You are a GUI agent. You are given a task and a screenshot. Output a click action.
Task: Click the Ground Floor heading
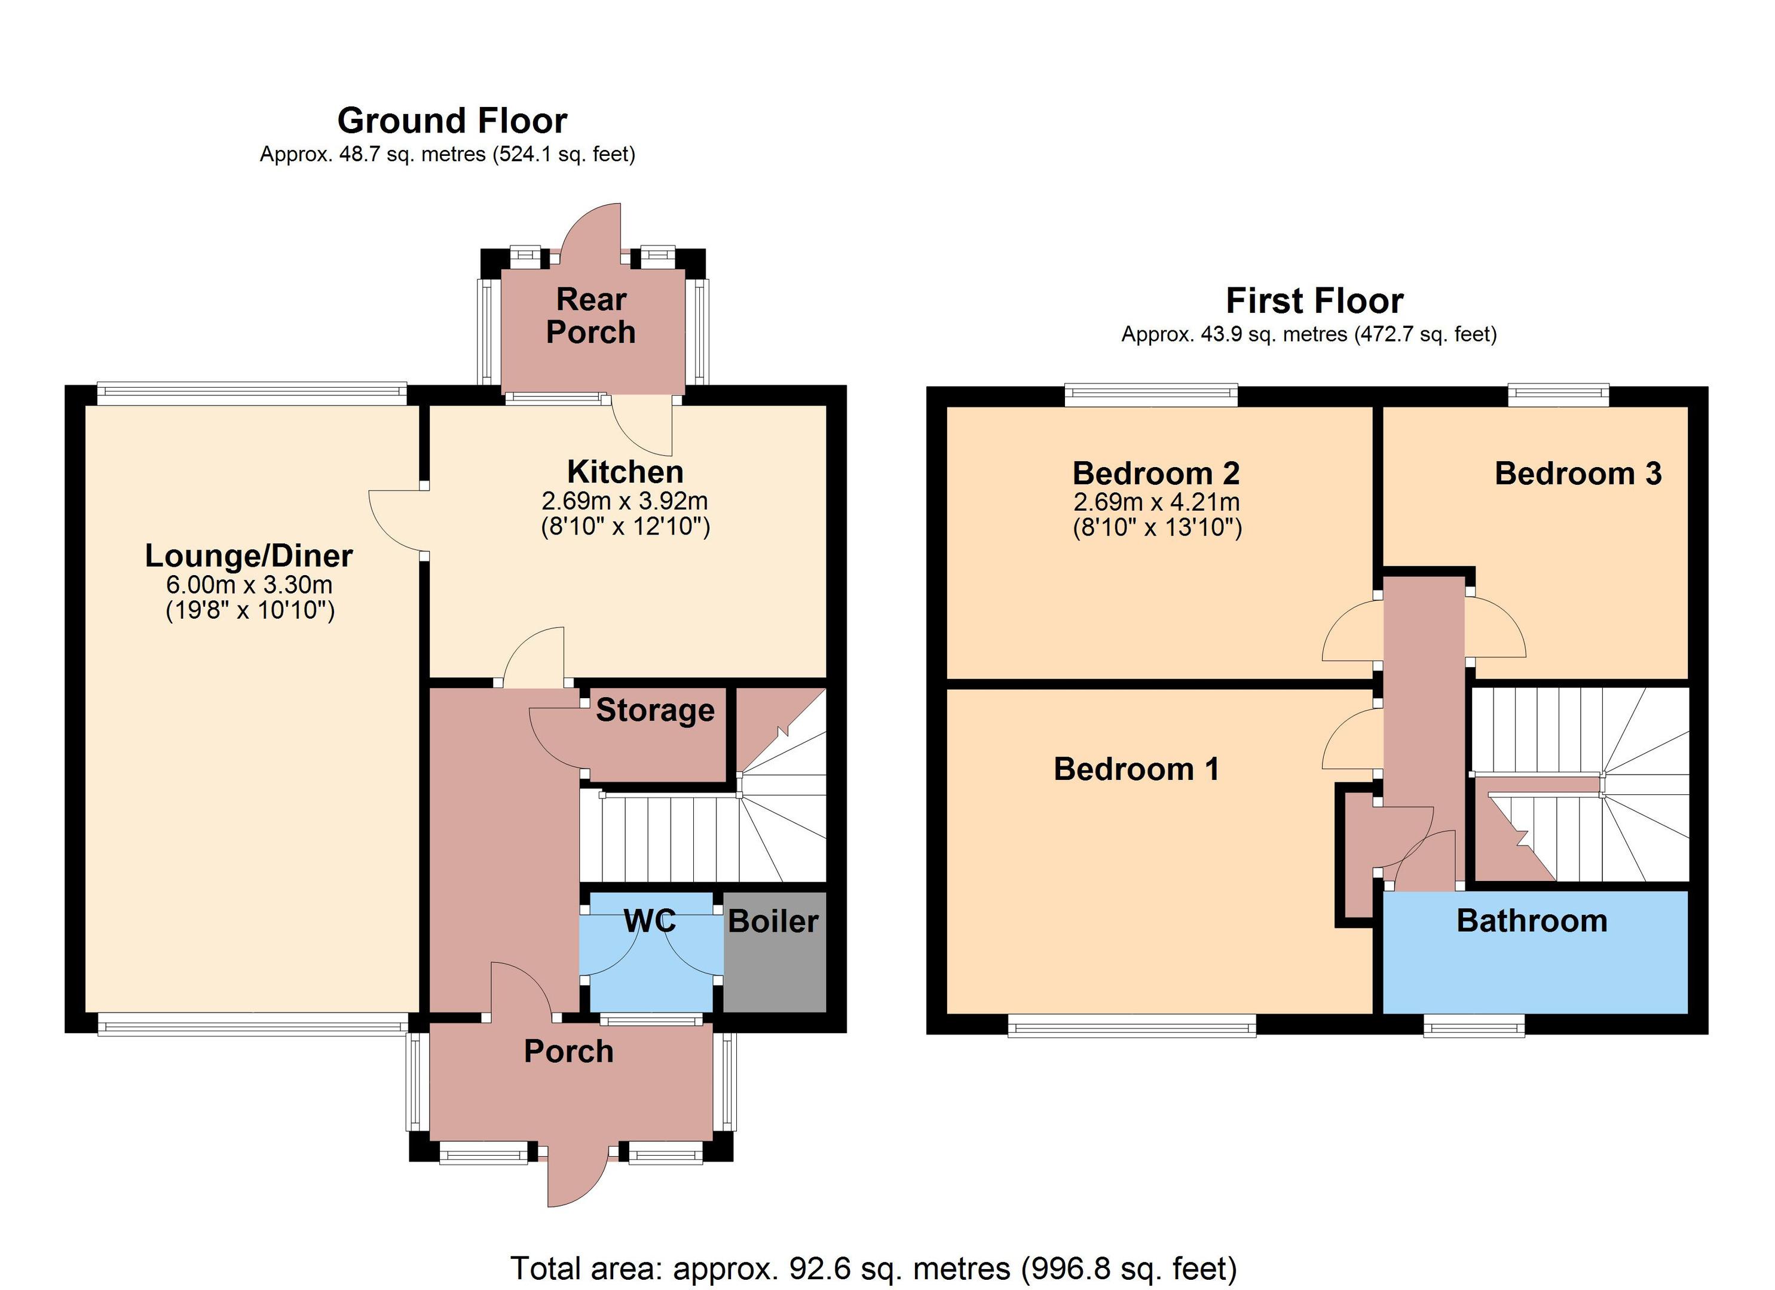tap(452, 121)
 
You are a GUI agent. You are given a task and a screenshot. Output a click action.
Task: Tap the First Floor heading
tap(1315, 301)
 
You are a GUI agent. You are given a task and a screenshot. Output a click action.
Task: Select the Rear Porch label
tap(591, 316)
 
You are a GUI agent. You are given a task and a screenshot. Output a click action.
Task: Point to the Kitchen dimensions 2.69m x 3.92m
tap(625, 500)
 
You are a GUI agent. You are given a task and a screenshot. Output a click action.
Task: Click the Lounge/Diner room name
tap(249, 556)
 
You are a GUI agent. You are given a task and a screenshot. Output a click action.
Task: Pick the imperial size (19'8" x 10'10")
tap(250, 610)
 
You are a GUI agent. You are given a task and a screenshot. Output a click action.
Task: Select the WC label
tap(650, 921)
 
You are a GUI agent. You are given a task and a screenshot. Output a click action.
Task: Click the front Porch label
tap(568, 1051)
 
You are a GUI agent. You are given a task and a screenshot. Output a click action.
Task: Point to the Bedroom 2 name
tap(1156, 473)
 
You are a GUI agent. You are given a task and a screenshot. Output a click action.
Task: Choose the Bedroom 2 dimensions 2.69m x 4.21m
tap(1156, 502)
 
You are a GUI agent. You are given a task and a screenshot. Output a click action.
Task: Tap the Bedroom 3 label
tap(1578, 473)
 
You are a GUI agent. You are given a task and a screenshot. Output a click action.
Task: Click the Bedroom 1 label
tap(1136, 769)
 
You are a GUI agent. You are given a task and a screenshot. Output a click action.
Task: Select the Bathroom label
tap(1532, 921)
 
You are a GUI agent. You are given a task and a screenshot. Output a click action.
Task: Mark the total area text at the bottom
tap(873, 1268)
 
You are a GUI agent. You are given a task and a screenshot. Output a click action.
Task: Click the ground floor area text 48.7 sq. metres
tap(447, 154)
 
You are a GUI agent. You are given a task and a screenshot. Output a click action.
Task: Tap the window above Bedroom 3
tap(1558, 395)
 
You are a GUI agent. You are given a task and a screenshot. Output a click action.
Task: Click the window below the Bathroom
tap(1474, 1025)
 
